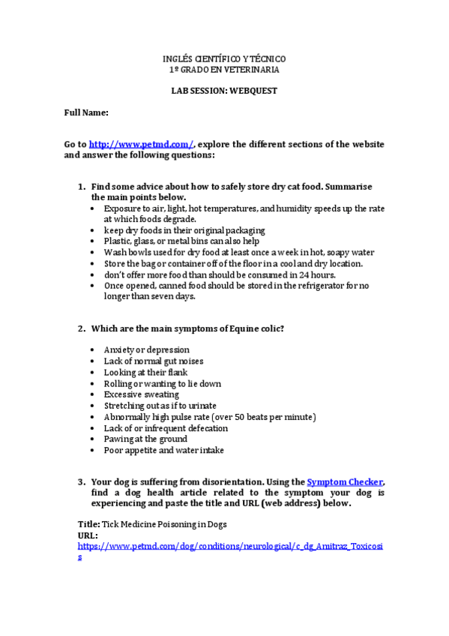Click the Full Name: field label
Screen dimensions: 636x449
click(86, 112)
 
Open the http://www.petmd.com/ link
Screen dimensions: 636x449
click(142, 144)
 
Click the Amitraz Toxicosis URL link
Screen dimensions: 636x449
click(230, 547)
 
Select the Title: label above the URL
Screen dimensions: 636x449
click(89, 524)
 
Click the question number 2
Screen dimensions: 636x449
click(82, 328)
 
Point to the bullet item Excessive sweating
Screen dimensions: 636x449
click(141, 394)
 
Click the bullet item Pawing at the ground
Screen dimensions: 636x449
click(145, 439)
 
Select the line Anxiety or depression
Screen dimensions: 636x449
click(146, 350)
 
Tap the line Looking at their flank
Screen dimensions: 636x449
click(145, 372)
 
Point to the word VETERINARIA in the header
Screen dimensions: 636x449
click(251, 70)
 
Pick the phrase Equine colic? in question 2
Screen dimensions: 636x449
click(257, 328)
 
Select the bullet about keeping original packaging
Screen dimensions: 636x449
click(184, 230)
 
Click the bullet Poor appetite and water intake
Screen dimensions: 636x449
click(163, 451)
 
